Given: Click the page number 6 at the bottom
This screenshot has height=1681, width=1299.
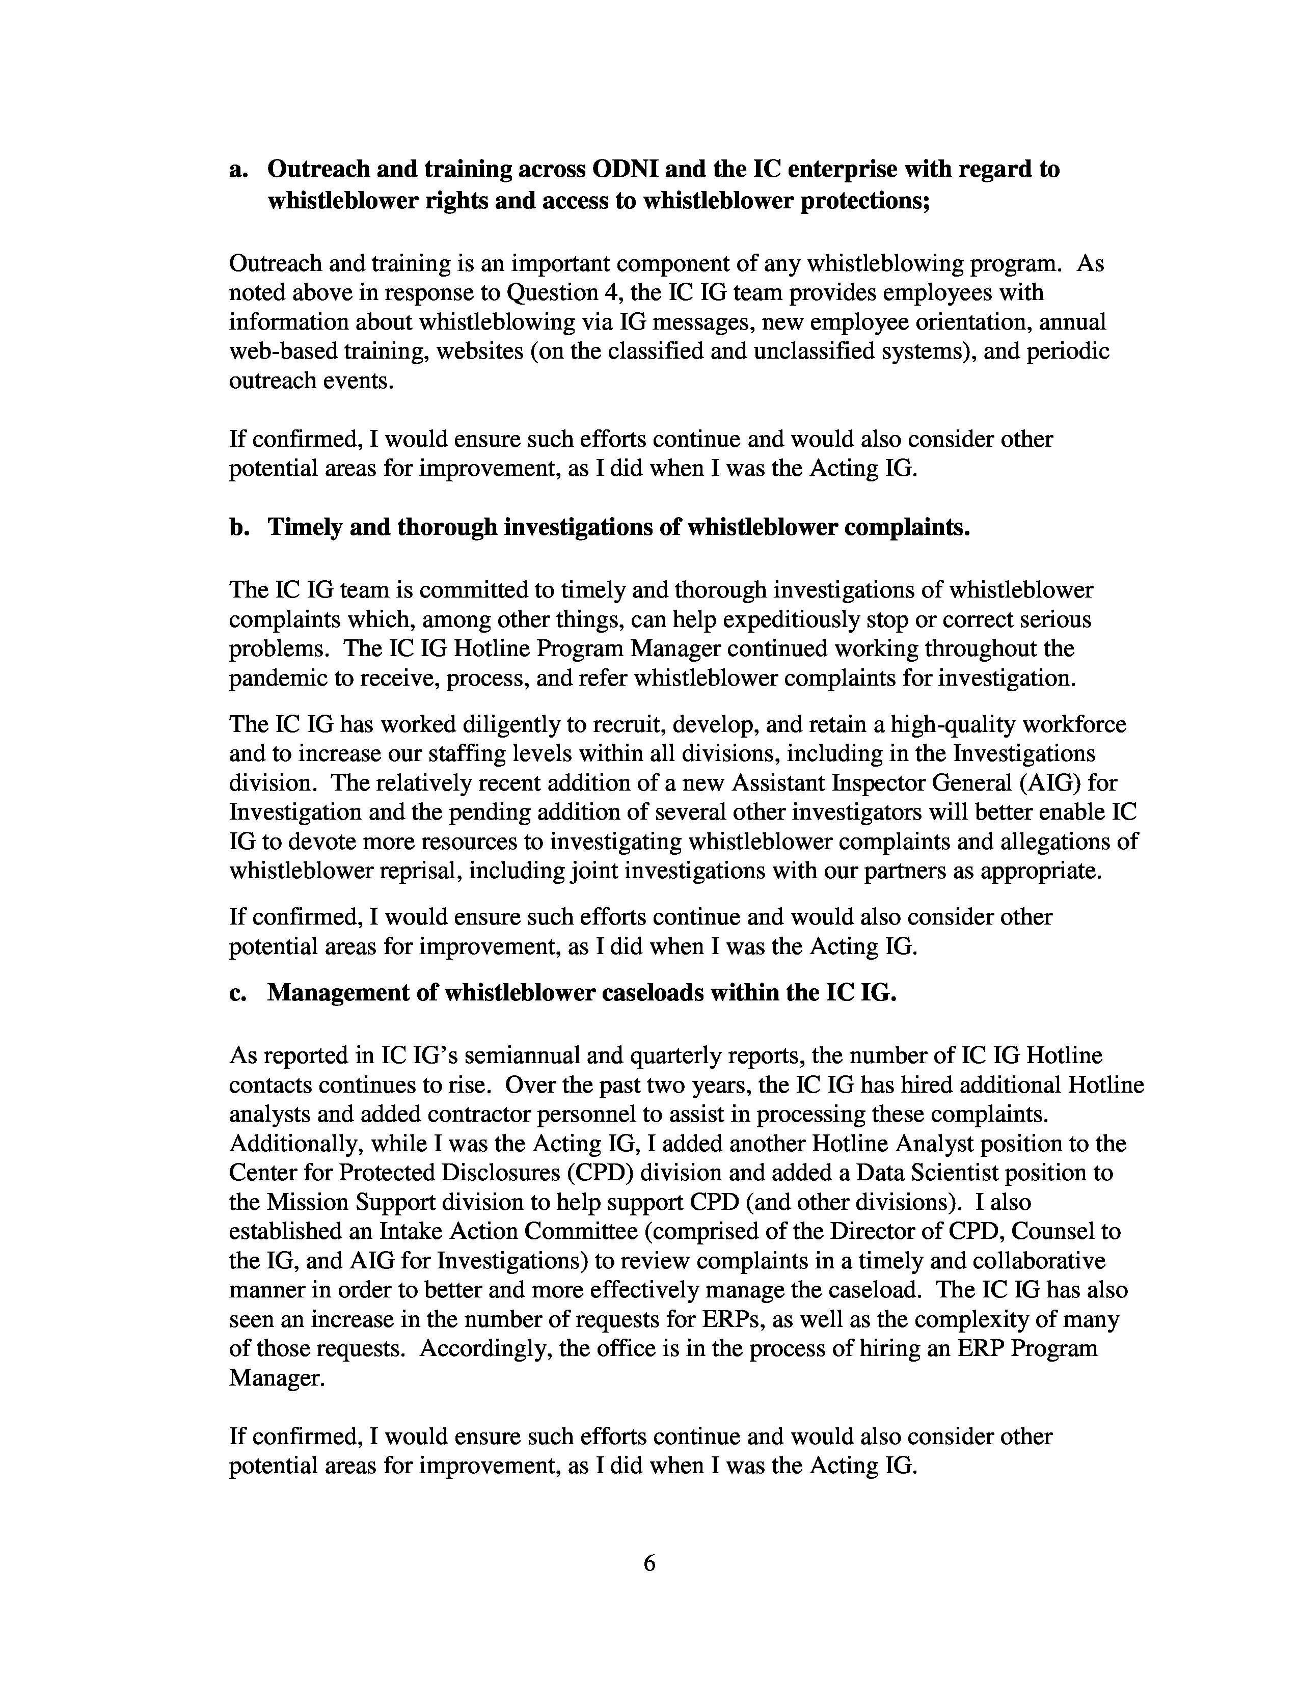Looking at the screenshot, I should click(648, 1563).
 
